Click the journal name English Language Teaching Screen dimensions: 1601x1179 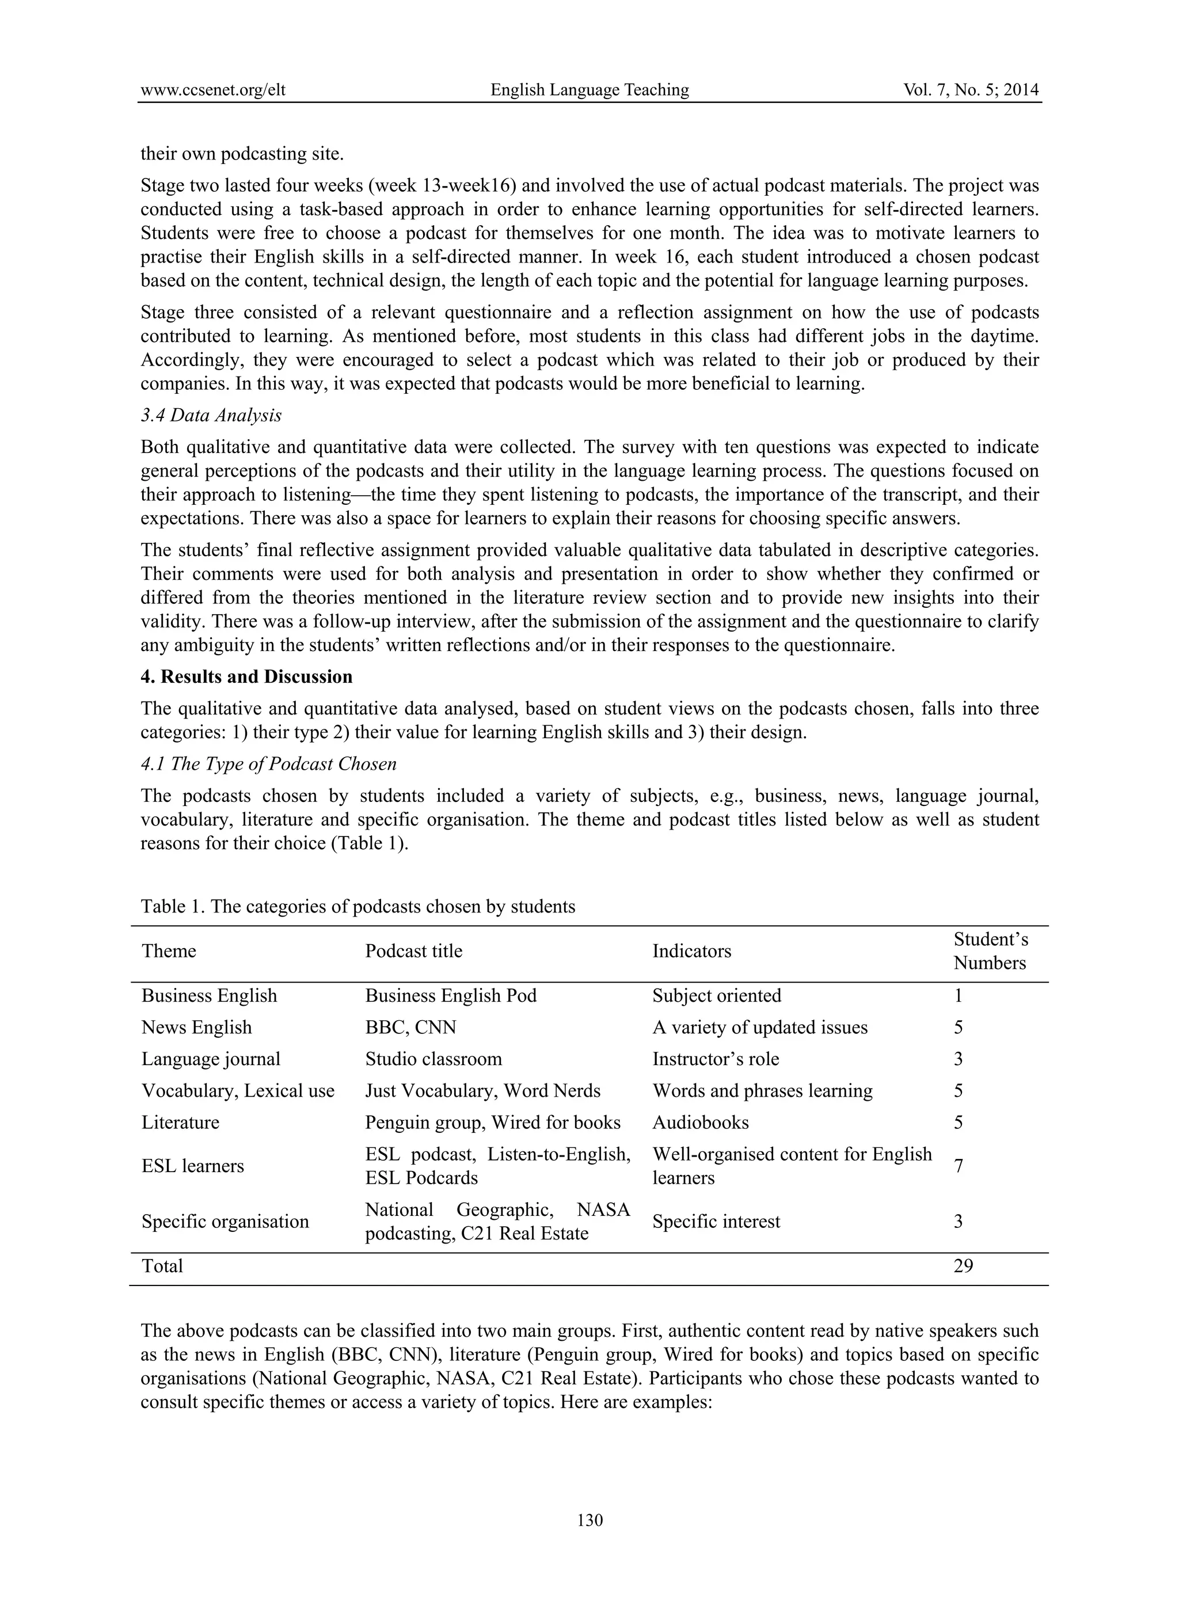point(589,90)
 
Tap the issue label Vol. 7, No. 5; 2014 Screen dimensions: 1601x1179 point(970,90)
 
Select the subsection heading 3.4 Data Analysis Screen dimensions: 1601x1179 point(211,416)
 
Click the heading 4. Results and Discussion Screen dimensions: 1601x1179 point(246,676)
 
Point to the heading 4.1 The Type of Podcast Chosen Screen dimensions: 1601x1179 point(268,765)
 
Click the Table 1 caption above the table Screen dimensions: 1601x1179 point(357,907)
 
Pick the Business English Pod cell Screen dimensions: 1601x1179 point(450,996)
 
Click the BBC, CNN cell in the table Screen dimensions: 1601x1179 point(410,1027)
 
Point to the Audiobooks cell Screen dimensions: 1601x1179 point(700,1122)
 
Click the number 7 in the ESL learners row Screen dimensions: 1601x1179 point(959,1166)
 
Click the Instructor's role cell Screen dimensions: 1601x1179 point(715,1059)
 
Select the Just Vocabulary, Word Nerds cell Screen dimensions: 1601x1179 point(482,1091)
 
